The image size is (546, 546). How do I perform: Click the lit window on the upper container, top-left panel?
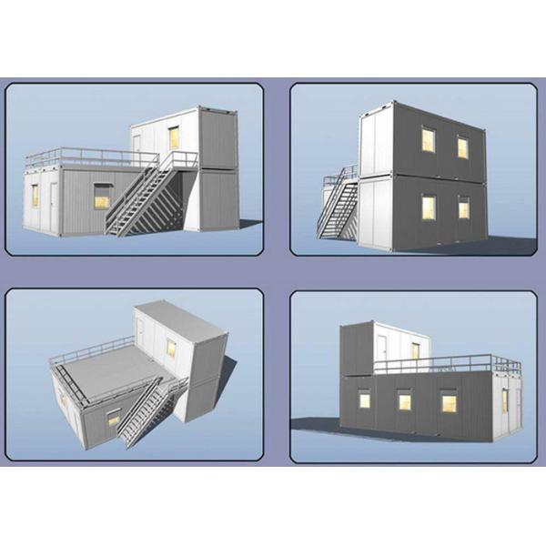pyautogui.click(x=173, y=137)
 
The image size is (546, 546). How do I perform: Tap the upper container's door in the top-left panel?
pyautogui.click(x=137, y=144)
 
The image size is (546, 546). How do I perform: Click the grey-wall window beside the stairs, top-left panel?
pyautogui.click(x=101, y=196)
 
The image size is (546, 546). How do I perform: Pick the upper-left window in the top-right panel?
pyautogui.click(x=428, y=139)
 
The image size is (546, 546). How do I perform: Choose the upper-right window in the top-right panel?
pyautogui.click(x=462, y=147)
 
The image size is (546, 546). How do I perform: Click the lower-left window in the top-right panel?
pyautogui.click(x=429, y=207)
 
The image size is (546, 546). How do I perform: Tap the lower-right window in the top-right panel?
pyautogui.click(x=464, y=208)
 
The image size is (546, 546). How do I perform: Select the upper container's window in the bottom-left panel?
pyautogui.click(x=170, y=347)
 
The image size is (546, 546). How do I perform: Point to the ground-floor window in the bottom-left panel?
pyautogui.click(x=114, y=418)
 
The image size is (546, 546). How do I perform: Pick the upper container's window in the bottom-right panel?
pyautogui.click(x=415, y=351)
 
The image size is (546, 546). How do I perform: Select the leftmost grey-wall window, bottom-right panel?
pyautogui.click(x=364, y=399)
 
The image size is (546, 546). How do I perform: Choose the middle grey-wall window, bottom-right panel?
pyautogui.click(x=404, y=400)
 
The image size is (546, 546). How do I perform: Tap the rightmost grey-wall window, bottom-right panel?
pyautogui.click(x=448, y=402)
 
